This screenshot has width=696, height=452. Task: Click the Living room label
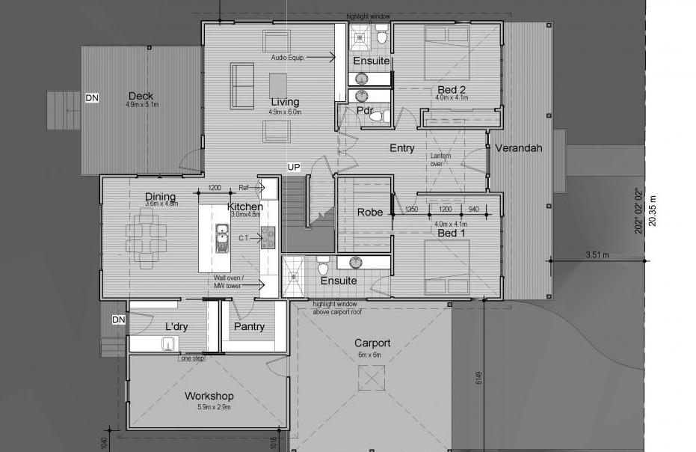click(285, 102)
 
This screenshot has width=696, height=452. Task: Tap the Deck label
click(141, 96)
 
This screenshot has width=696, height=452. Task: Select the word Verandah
click(519, 148)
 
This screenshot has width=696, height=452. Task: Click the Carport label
click(372, 343)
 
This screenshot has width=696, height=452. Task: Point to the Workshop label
click(209, 396)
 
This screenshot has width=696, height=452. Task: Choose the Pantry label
click(249, 327)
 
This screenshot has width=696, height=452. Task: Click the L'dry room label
click(176, 327)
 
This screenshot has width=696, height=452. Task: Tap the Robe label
click(370, 213)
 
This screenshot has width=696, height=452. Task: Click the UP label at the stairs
click(293, 167)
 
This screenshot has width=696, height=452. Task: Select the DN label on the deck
click(92, 98)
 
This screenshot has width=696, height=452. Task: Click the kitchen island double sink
click(222, 238)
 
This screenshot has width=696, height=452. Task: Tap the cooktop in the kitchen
click(268, 238)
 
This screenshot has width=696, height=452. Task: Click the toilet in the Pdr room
click(377, 117)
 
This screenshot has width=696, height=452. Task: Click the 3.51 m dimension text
click(597, 255)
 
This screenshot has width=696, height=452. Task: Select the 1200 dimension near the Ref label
click(215, 188)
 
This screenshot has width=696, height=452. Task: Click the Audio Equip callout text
click(287, 58)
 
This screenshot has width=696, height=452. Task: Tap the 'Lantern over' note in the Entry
click(440, 160)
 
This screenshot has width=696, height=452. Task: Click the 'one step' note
click(193, 358)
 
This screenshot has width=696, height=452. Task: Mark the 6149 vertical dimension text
click(478, 378)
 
